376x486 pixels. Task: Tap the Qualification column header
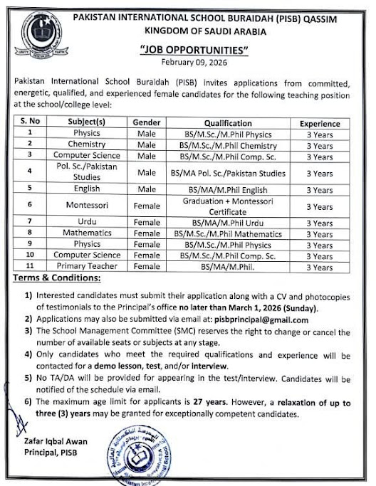click(228, 122)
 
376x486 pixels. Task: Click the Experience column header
click(318, 122)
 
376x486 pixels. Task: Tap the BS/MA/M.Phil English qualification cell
click(228, 189)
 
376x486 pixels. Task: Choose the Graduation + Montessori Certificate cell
click(228, 206)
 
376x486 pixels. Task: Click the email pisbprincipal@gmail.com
click(264, 320)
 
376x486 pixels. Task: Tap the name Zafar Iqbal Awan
click(45, 441)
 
